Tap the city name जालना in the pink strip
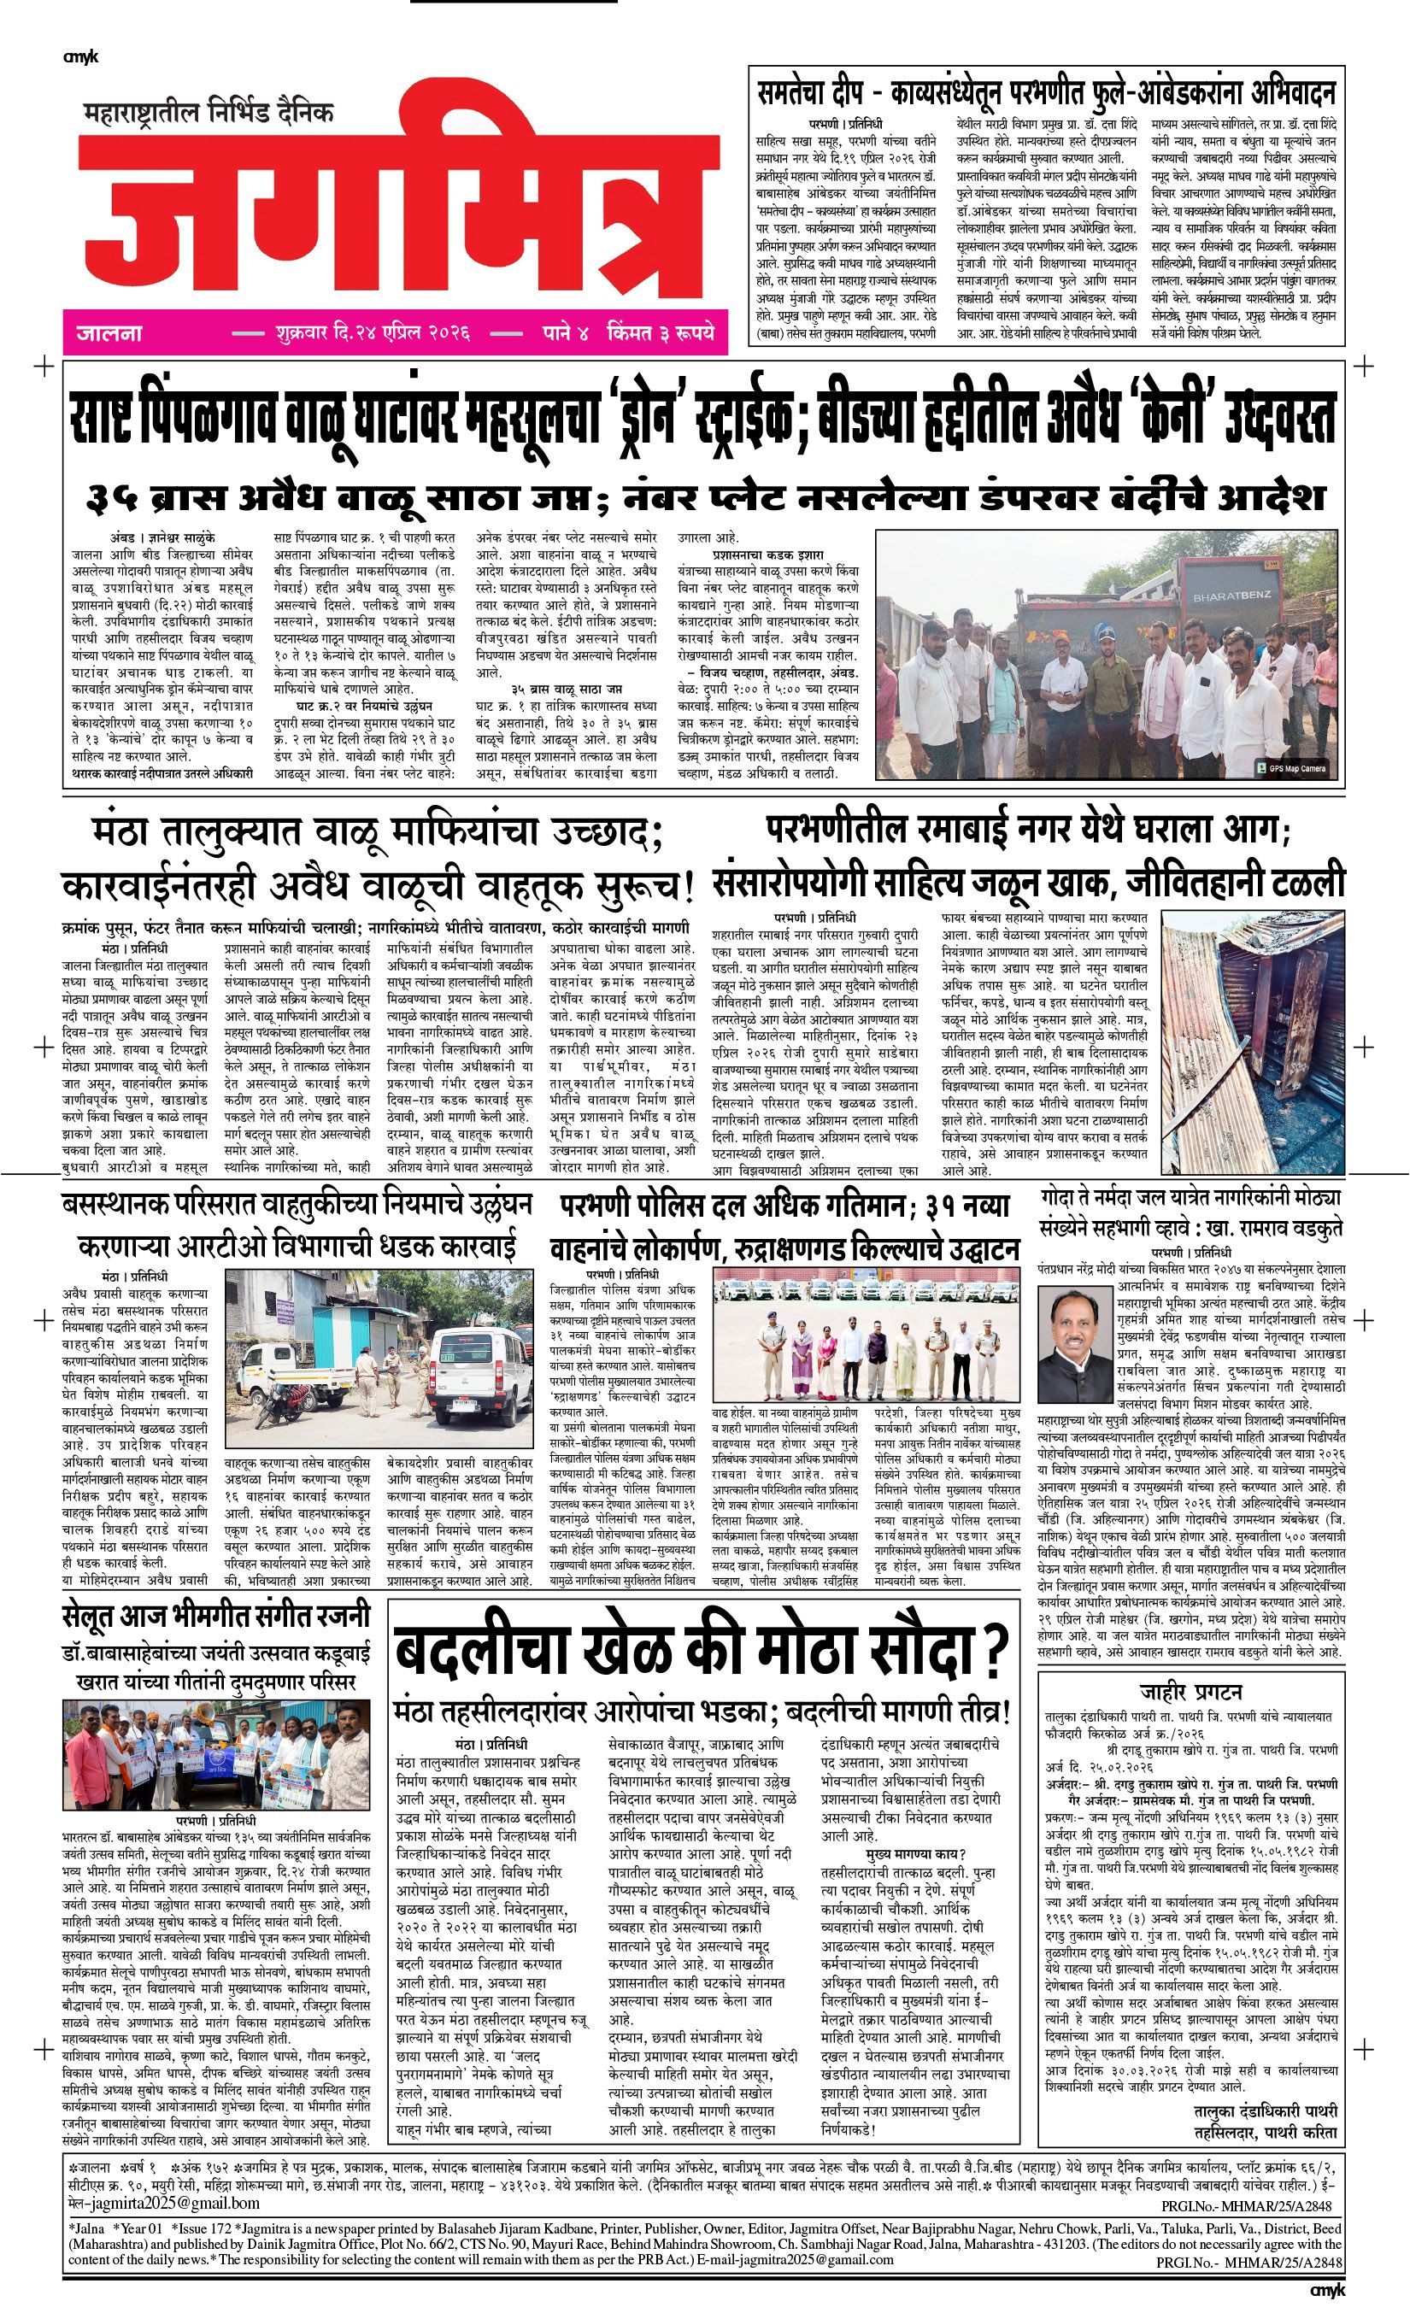[x=109, y=333]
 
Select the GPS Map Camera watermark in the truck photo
[x=1295, y=768]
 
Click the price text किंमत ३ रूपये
[x=660, y=333]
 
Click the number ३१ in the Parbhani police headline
[x=942, y=1206]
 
